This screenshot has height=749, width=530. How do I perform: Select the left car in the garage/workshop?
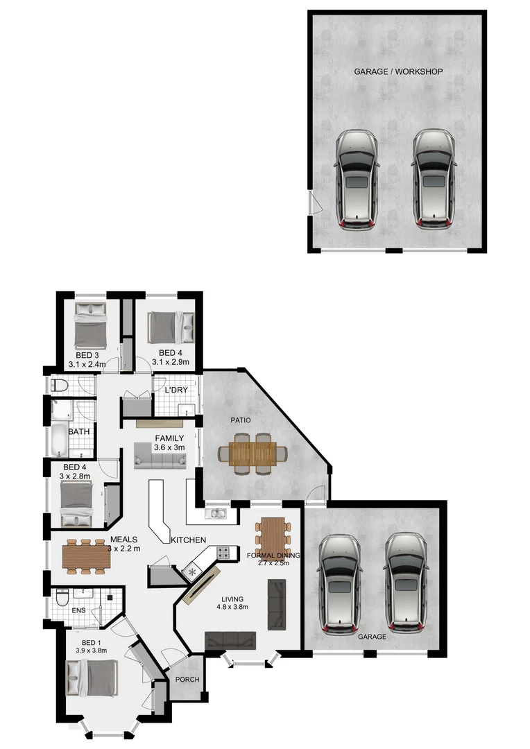click(x=357, y=179)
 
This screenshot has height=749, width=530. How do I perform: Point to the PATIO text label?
click(x=241, y=420)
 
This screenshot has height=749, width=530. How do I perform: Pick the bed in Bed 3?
click(x=89, y=325)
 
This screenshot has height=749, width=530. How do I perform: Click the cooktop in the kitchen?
click(x=224, y=553)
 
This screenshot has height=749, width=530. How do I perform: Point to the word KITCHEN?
click(x=187, y=540)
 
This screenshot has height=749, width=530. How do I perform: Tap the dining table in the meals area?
click(x=85, y=557)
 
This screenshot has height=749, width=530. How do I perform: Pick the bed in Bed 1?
click(x=91, y=677)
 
